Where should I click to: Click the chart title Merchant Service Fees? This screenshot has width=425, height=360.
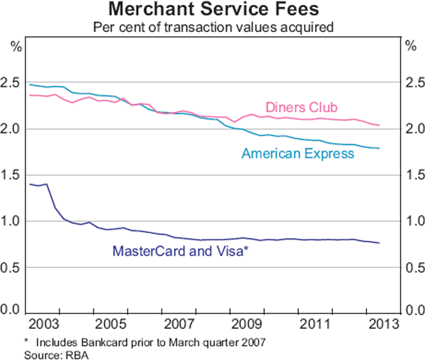pyautogui.click(x=212, y=11)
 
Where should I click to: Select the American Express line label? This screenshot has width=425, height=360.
pyautogui.click(x=297, y=152)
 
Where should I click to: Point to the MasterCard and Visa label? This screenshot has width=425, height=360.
pyautogui.click(x=180, y=250)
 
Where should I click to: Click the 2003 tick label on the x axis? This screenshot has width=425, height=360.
pyautogui.click(x=46, y=325)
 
